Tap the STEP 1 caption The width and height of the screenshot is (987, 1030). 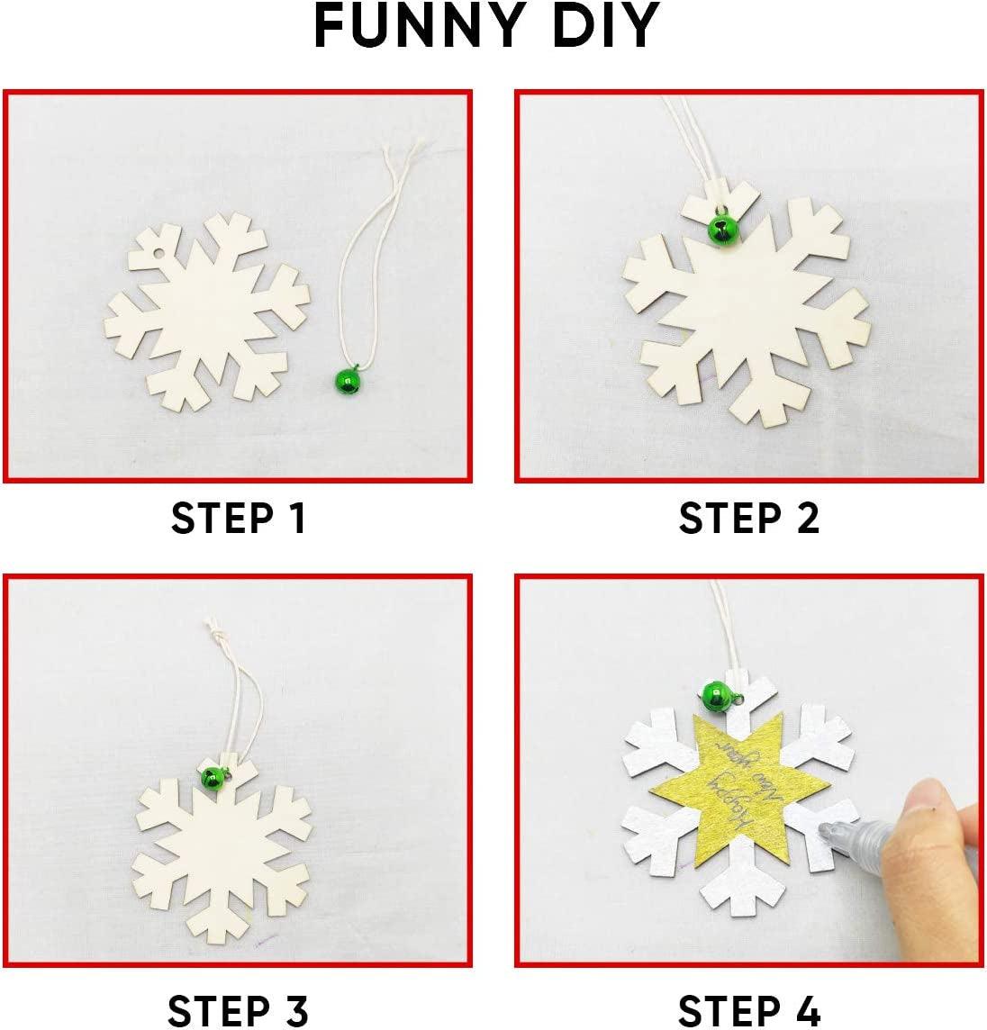click(x=239, y=519)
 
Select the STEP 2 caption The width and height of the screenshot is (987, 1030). click(x=749, y=519)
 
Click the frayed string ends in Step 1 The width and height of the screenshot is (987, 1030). click(x=406, y=158)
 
